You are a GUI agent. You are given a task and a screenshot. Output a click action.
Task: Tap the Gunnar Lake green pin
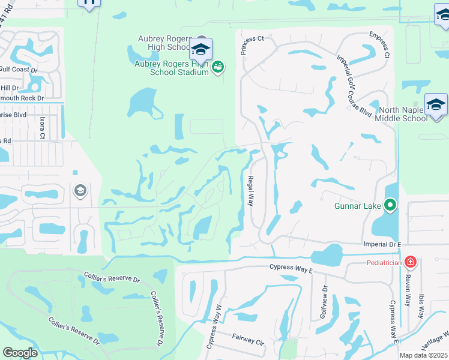coord(390,206)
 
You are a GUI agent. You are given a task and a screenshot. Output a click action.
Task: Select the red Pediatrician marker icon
coord(410,262)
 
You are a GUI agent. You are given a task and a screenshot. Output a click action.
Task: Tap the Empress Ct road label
coord(379,46)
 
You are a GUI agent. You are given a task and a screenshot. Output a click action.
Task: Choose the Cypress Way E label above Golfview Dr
coord(291,269)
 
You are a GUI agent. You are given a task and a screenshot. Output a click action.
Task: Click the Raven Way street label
coord(407,291)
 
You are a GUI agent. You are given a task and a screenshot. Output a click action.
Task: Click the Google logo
coord(20,353)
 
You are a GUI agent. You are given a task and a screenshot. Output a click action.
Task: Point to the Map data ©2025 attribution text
coord(424,355)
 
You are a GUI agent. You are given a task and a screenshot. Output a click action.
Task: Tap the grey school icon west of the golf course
coord(79,191)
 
